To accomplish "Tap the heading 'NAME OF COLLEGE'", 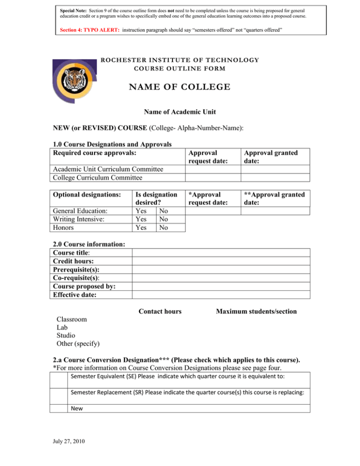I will click(180, 87).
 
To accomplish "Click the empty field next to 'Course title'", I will click(221, 253).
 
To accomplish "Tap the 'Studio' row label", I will click(66, 336).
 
